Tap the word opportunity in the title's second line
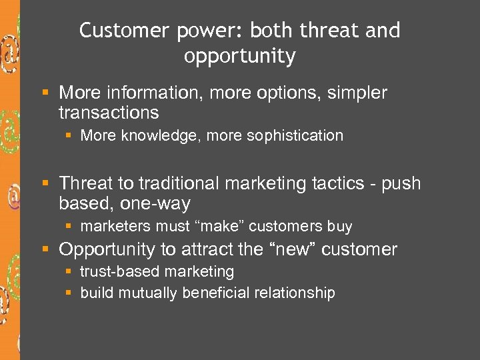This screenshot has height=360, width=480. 239,57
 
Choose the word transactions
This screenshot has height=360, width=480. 109,112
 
